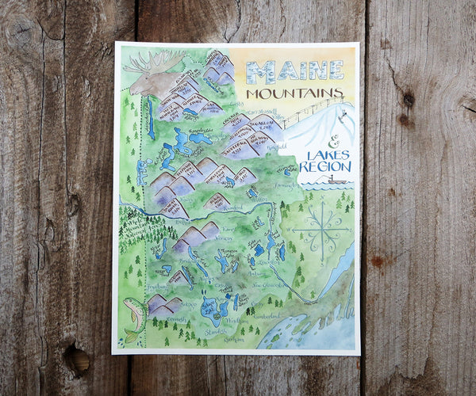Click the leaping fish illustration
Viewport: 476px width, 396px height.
[134, 317]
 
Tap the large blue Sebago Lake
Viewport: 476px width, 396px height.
[211, 304]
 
